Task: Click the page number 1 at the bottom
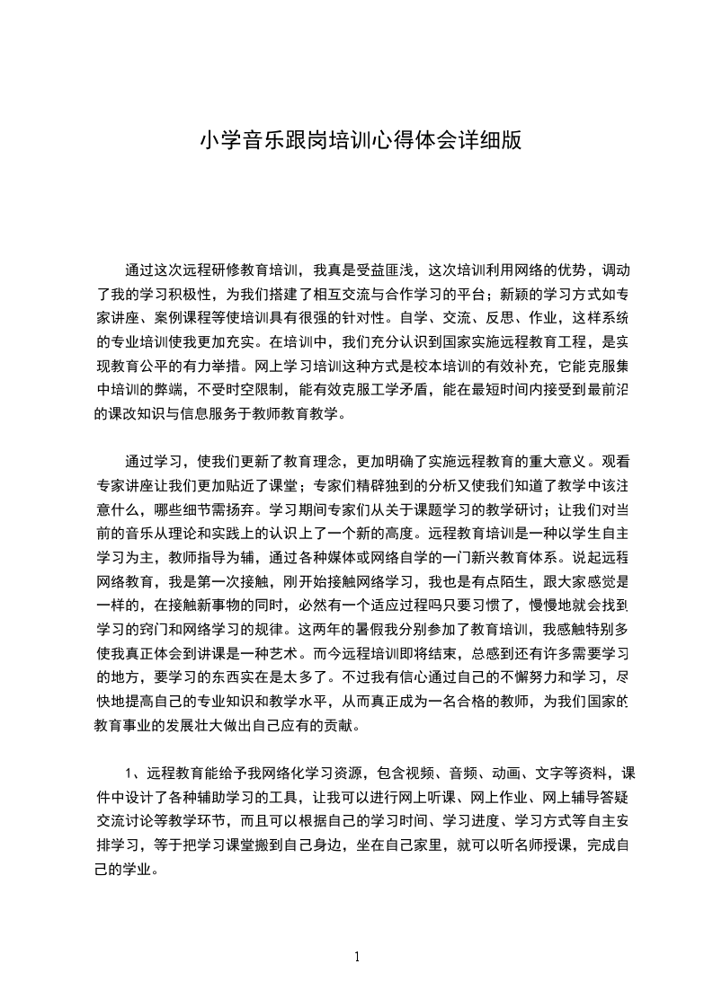coord(357,957)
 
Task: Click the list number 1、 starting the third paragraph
coord(132,774)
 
